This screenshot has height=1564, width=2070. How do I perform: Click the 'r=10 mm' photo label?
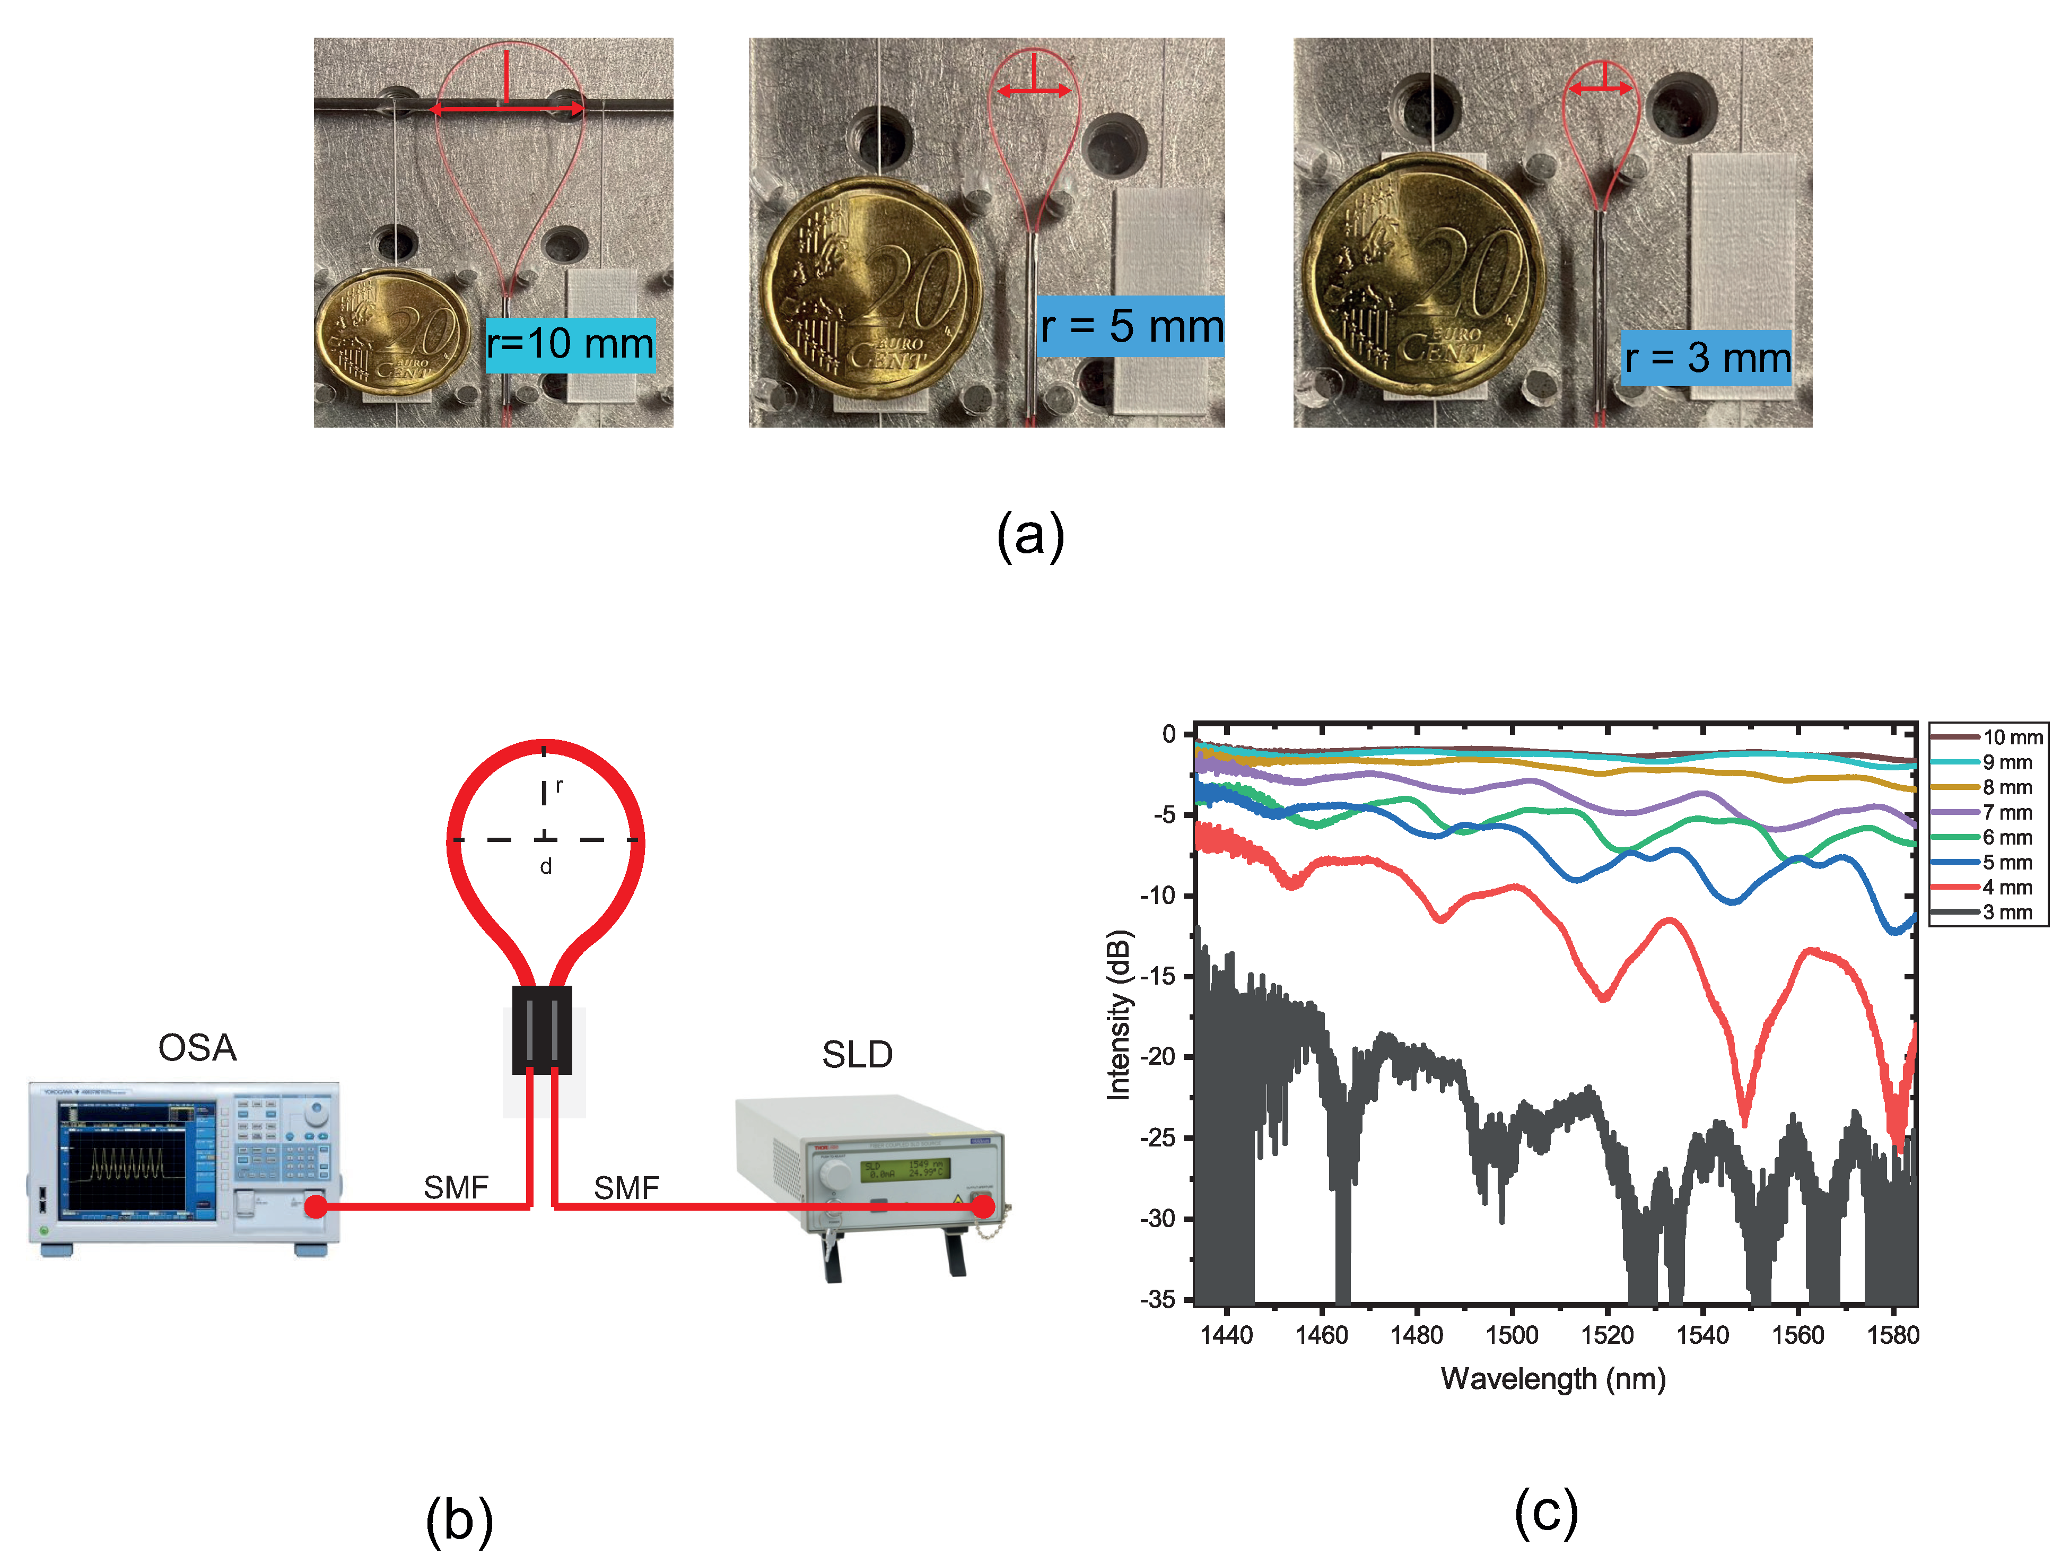pos(570,344)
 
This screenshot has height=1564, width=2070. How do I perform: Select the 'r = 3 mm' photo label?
pos(1706,358)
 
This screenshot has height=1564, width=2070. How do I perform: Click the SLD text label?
pos(856,1055)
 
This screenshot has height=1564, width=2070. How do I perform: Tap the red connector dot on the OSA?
pos(316,1206)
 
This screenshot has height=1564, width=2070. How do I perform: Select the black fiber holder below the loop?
pos(542,1030)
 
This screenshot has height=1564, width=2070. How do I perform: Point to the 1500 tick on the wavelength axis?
pos(1512,1335)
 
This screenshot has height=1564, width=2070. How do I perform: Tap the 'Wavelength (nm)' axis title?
pos(1553,1379)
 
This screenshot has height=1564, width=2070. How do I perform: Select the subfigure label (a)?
pos(1030,536)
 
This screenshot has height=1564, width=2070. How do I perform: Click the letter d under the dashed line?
pos(546,867)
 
